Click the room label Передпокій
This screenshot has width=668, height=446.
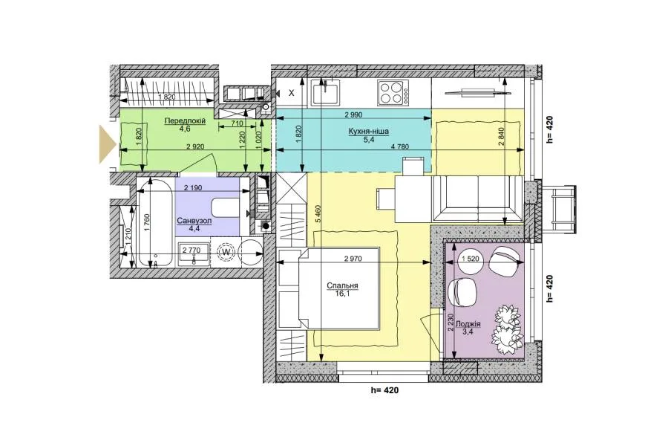(185, 120)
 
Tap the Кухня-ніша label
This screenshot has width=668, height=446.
(368, 132)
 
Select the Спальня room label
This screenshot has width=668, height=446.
(342, 286)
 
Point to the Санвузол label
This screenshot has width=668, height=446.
(194, 222)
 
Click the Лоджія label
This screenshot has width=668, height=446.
(468, 324)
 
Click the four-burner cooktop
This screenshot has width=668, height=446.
(393, 93)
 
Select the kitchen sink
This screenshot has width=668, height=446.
(325, 92)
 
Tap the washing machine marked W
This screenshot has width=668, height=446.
(226, 253)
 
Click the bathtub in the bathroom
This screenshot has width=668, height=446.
(154, 223)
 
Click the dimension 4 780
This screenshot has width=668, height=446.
(399, 147)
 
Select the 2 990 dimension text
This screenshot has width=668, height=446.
(353, 114)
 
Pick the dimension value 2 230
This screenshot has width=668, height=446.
(450, 323)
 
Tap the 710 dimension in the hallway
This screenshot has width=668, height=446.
(237, 123)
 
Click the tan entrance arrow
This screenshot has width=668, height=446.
(108, 144)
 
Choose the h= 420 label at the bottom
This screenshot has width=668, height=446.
(385, 390)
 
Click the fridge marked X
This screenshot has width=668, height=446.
(292, 93)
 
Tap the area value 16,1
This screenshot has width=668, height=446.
(342, 293)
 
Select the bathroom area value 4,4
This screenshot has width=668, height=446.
(194, 229)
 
